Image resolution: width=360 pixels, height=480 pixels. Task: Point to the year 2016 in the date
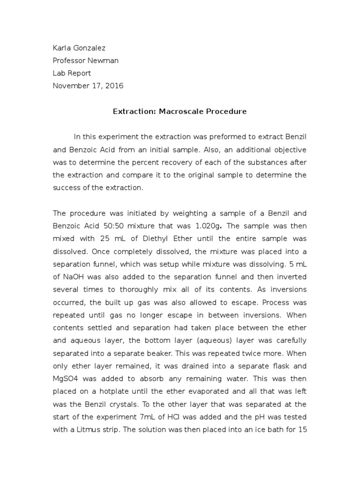click(114, 86)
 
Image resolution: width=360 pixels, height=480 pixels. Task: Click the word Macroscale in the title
click(177, 112)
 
